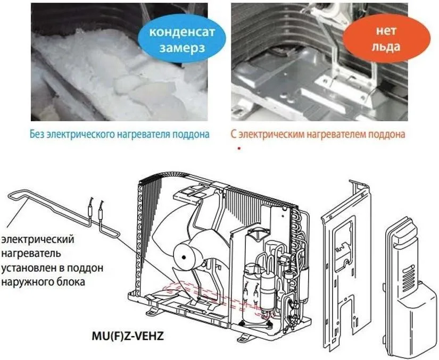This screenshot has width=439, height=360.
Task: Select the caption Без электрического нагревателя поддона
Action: (x=120, y=134)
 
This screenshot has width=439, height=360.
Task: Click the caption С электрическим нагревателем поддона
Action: (x=318, y=134)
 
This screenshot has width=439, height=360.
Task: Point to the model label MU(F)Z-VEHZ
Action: (x=127, y=336)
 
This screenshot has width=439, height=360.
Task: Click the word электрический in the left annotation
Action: (x=38, y=240)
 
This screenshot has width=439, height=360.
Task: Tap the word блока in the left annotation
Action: (x=71, y=281)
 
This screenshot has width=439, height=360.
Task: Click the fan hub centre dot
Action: (x=184, y=257)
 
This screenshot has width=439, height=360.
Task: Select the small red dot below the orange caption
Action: (x=239, y=148)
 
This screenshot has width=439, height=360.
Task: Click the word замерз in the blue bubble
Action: (x=182, y=48)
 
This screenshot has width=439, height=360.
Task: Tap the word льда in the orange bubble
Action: (x=386, y=47)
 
